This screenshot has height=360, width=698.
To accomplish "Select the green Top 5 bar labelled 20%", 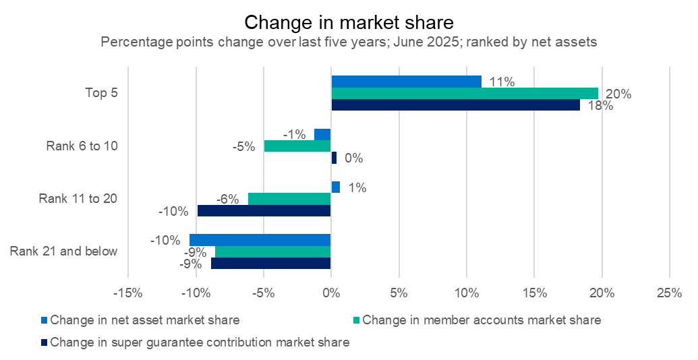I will tap(465, 93).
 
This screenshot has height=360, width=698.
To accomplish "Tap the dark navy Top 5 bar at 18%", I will tap(455, 105).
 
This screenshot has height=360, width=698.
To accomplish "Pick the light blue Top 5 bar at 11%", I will tap(406, 82).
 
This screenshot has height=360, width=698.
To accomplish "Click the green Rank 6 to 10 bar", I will tap(297, 146).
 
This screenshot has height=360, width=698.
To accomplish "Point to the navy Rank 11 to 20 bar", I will tap(264, 211).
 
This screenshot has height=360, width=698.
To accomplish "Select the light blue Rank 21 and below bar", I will tap(260, 240).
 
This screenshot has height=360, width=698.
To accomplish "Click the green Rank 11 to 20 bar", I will tap(289, 199).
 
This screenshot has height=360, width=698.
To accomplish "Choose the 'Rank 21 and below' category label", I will tap(65, 251).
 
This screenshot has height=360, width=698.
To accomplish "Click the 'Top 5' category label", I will tap(102, 93).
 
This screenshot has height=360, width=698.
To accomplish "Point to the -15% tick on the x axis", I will tap(127, 293).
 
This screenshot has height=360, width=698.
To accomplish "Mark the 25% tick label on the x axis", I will tap(668, 293).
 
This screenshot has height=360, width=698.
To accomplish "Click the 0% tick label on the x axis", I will tap(330, 293).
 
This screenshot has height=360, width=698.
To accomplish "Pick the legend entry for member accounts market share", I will tap(481, 320).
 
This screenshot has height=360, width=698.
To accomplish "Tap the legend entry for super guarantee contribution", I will tap(200, 342).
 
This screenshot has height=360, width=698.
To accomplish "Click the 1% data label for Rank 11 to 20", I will tap(357, 188).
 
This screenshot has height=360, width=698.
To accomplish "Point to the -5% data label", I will tap(244, 146).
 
